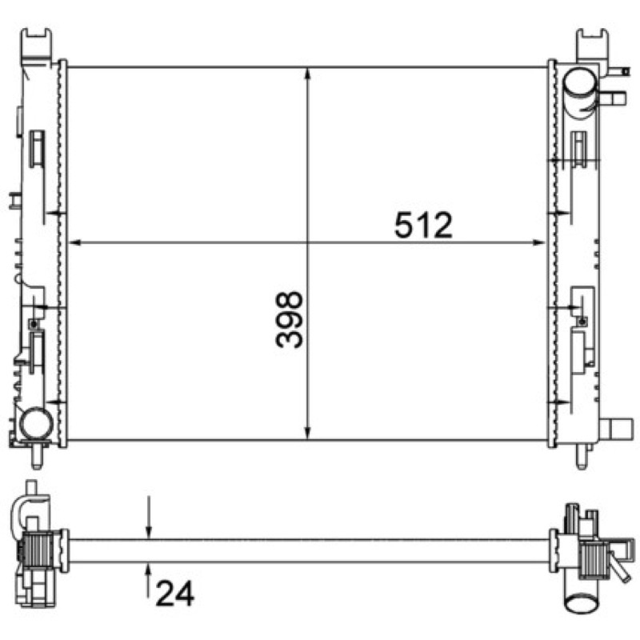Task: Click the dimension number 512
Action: click(x=423, y=225)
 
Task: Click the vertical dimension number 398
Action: click(x=290, y=319)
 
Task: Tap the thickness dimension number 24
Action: click(x=175, y=594)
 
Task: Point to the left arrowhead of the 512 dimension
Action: click(x=75, y=243)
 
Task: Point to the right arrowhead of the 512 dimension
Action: click(x=538, y=243)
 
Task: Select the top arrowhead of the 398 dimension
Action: click(x=308, y=75)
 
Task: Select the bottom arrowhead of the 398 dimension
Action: click(x=308, y=432)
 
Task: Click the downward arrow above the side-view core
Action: click(x=149, y=518)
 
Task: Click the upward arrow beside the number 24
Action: click(x=149, y=580)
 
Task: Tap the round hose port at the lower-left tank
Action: click(x=36, y=423)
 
